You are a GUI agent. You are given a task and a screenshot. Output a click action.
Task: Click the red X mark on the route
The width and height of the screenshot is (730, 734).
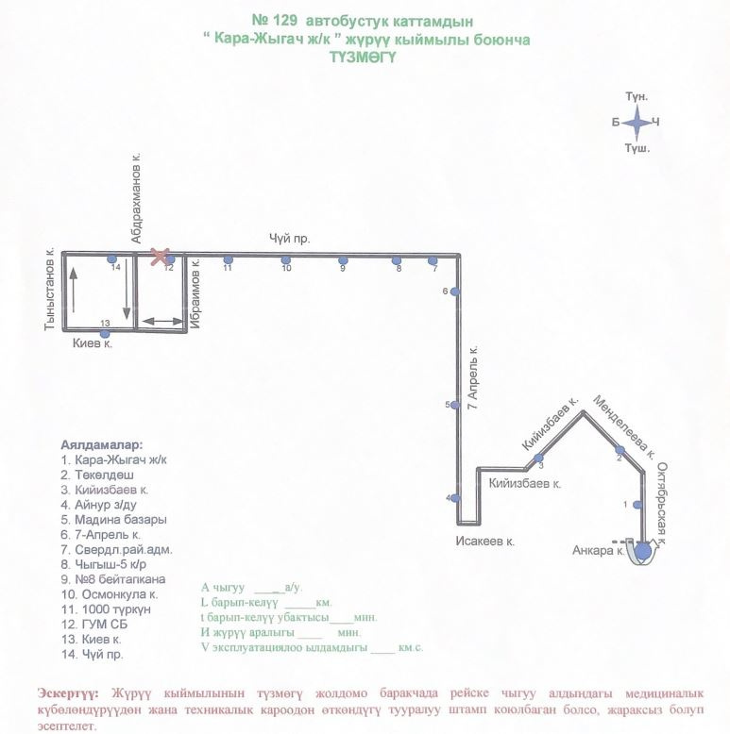[160, 257]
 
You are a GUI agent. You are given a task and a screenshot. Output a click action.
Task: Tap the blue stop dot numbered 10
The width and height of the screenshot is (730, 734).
[286, 260]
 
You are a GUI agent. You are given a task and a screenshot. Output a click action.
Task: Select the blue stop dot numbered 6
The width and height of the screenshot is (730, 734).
[454, 292]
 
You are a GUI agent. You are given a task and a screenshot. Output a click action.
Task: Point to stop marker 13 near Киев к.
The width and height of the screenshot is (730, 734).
[105, 334]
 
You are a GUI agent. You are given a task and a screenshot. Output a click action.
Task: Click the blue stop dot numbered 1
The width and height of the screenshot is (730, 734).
[637, 505]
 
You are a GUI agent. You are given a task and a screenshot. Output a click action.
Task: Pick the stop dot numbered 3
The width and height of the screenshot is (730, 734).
[538, 458]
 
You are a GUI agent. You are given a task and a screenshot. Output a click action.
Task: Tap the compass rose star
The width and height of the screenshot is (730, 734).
[637, 123]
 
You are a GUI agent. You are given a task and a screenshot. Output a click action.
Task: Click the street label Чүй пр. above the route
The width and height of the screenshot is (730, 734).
[289, 239]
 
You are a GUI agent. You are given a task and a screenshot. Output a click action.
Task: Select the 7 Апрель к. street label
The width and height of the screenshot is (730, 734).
[473, 377]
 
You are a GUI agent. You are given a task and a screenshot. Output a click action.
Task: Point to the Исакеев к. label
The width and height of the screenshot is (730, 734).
[485, 542]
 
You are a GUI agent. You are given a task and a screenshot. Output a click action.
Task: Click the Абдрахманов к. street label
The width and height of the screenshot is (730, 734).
[136, 198]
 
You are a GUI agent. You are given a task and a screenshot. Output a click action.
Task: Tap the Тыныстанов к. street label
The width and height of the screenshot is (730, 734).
[50, 289]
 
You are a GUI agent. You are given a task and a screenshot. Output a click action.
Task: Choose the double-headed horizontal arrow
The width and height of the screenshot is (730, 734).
[162, 321]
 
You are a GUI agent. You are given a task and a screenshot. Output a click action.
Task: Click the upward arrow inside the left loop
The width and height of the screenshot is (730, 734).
[74, 291]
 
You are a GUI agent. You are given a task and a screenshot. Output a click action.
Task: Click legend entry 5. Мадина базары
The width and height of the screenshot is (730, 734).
[114, 520]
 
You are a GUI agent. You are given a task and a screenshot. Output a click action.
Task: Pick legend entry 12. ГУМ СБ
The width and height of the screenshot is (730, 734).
[94, 625]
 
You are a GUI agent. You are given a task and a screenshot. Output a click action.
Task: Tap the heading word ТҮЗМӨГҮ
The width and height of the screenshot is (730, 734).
[364, 58]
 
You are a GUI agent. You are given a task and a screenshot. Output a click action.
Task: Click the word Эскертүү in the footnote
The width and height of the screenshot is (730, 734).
[68, 693]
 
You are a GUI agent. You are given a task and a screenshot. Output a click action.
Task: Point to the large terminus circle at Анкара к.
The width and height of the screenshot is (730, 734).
[643, 551]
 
